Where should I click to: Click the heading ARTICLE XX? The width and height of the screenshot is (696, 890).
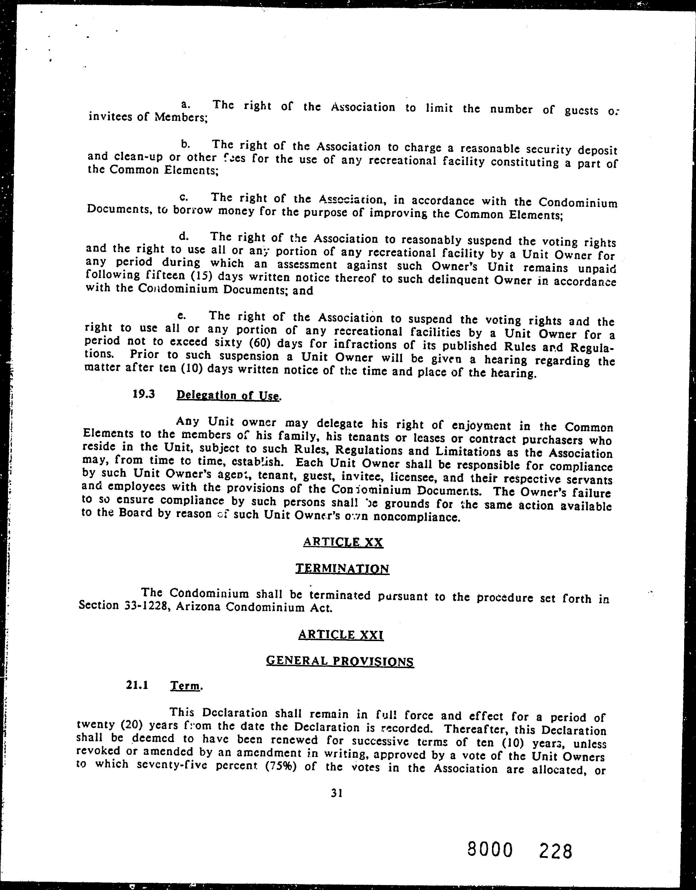click(x=343, y=542)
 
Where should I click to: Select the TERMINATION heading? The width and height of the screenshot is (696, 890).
click(x=342, y=568)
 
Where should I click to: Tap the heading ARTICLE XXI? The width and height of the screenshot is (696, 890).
click(x=341, y=634)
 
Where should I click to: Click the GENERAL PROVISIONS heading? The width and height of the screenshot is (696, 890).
click(x=340, y=661)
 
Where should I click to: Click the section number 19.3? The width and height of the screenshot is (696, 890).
click(x=144, y=394)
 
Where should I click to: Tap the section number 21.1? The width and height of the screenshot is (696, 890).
click(x=137, y=685)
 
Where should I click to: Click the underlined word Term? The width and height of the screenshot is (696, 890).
click(x=185, y=686)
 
